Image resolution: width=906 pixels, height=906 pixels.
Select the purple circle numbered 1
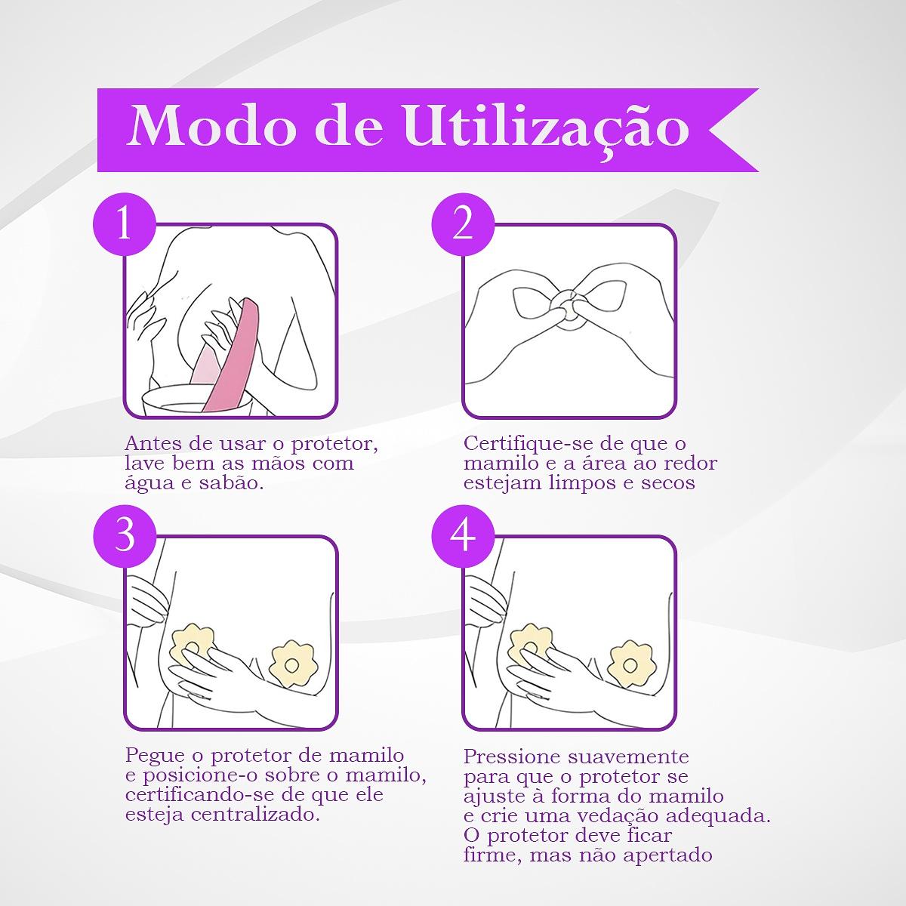pos(124,224)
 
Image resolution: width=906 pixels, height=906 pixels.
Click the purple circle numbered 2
pos(463,224)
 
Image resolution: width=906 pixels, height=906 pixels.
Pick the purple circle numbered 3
pos(124,537)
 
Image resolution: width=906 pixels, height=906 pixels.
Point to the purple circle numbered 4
pos(463,537)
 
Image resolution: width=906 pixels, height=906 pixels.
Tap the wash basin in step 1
pos(198,399)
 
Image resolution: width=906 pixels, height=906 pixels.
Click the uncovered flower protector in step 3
pos(291,663)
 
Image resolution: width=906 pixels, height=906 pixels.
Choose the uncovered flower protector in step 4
pos(630,664)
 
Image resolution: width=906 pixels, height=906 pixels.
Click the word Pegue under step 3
pos(155,756)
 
